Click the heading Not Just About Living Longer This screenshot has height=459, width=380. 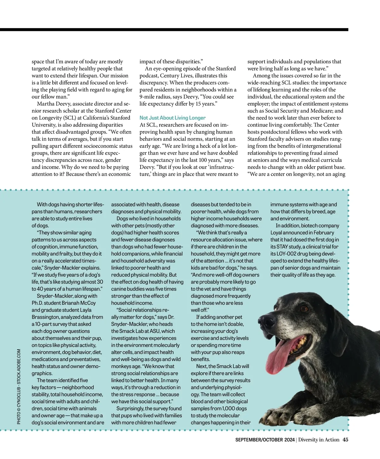coord(173,118)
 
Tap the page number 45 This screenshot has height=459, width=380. coord(345,440)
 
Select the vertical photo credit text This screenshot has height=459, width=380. coord(19,387)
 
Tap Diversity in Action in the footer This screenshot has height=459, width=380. coord(319,440)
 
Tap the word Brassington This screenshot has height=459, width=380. coord(45,317)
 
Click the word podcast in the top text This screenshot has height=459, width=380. coord(149,76)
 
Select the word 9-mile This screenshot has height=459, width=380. coord(148,97)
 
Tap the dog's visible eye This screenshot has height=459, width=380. coord(304,308)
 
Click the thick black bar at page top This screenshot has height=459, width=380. coord(174,30)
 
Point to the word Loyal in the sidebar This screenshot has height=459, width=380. coord(276,233)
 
